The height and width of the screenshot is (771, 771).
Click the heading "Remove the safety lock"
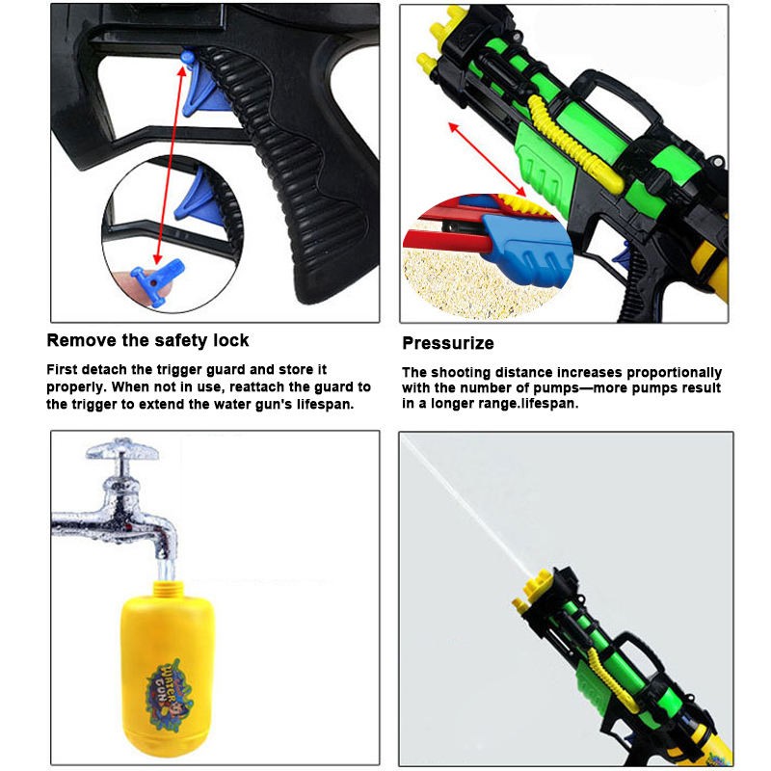(147, 340)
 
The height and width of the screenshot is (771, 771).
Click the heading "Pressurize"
(448, 343)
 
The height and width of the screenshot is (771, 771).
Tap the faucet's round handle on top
(122, 448)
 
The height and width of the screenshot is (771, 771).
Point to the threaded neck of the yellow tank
(168, 589)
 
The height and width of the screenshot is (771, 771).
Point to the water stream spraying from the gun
(467, 507)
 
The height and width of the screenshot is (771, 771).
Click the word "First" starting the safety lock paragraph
(62, 369)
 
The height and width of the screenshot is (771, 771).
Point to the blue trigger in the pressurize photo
(622, 253)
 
